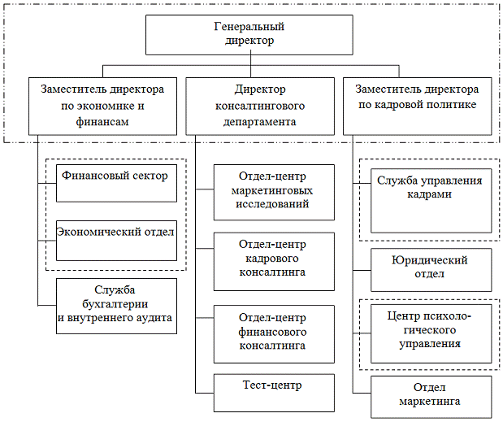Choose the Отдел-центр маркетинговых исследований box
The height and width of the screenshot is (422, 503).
[x=274, y=192]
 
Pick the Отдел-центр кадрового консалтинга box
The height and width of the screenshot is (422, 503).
[x=274, y=261]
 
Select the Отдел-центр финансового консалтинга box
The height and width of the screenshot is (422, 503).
[x=274, y=333]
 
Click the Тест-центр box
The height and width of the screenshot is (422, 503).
[x=274, y=393]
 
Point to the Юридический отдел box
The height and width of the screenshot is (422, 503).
[x=431, y=270]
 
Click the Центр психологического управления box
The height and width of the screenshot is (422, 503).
[x=431, y=333]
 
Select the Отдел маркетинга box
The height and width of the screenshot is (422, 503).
[x=431, y=395]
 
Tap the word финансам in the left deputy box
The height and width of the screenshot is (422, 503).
[x=103, y=120]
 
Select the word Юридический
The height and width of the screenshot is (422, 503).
[x=431, y=260]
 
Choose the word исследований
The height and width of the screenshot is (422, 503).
[x=273, y=204]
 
